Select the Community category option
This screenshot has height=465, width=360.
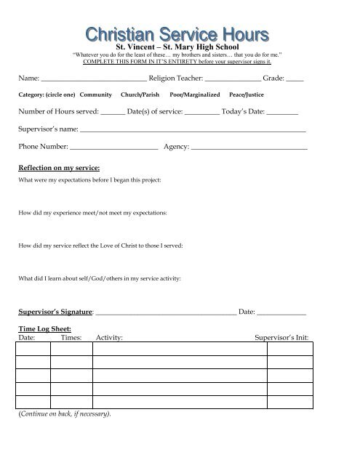(95, 95)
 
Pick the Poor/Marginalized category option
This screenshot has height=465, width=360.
(193, 95)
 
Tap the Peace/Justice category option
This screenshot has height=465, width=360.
(246, 95)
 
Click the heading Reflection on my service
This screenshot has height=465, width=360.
(59, 167)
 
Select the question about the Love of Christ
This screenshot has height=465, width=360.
(100, 246)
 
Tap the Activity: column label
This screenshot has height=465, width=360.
(109, 338)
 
